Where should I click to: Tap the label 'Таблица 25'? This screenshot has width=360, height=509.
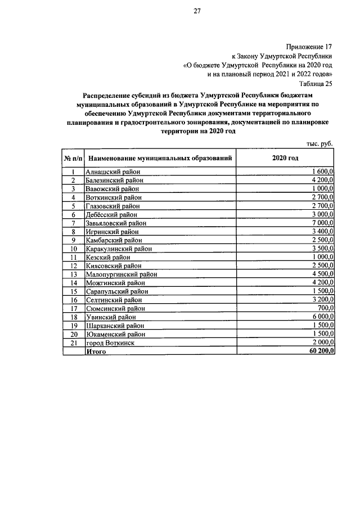[x=316, y=83]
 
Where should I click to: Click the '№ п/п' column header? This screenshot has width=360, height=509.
[x=73, y=159]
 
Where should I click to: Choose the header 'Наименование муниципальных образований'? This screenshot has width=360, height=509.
[x=160, y=159]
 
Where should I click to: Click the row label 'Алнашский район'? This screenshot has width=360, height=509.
[x=112, y=172]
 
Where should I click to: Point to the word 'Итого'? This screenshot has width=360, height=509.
[x=95, y=351]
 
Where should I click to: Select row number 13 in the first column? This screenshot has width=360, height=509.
[x=73, y=274]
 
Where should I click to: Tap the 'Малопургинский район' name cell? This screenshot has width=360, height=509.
[x=120, y=274]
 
